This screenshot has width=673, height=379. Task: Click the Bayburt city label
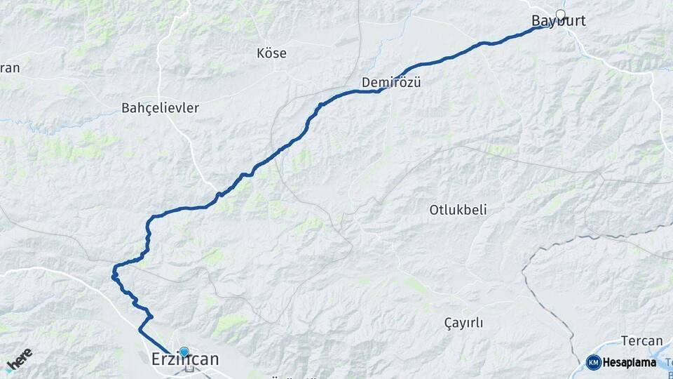pos(558,22)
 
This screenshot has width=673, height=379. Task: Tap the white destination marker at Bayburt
pos(560,14)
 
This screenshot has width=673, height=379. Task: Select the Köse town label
pos(271,53)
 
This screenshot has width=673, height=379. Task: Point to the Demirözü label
pos(390,82)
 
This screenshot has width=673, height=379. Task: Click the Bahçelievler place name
pos(160,108)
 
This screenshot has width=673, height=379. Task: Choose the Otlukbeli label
pos(458,210)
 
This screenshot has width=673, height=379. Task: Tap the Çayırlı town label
pos(463,323)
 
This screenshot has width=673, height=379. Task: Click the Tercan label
pos(641,341)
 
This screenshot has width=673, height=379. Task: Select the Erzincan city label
pos(185,359)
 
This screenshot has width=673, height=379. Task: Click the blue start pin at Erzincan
pos(184,352)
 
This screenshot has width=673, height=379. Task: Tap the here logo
pos(19,359)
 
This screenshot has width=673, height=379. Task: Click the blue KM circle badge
pos(593,362)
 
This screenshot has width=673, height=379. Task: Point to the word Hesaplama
pos(629,363)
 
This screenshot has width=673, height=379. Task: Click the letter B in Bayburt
pos(536,22)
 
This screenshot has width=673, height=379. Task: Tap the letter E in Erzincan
pos(156,359)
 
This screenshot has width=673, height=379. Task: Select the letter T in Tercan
pos(625,341)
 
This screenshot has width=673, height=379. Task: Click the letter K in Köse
pos(261,53)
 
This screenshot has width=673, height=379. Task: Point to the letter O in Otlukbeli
pos(434,210)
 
